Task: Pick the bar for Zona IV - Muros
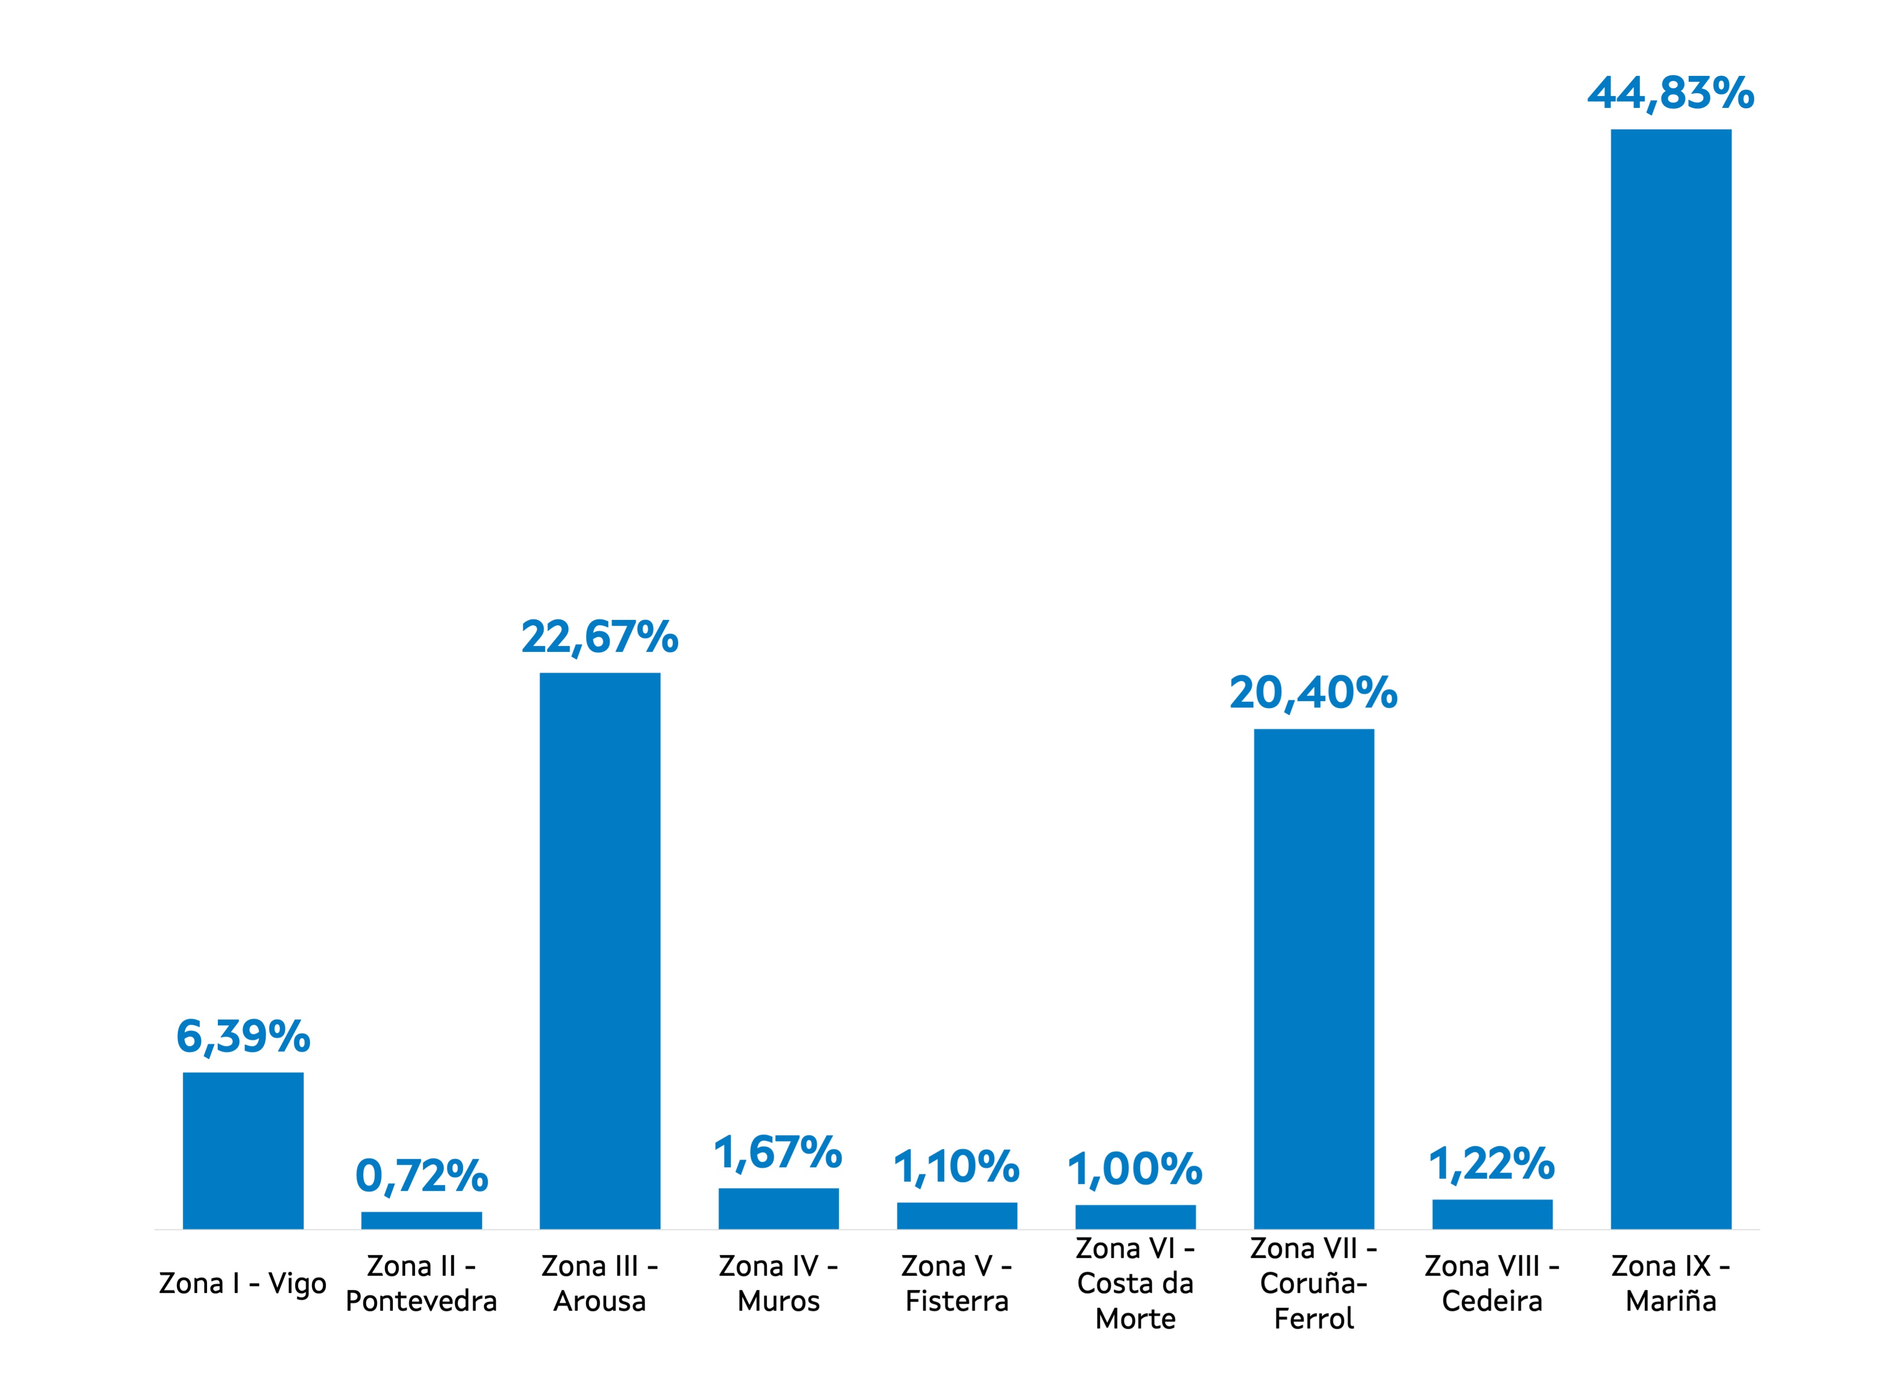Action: click(778, 1208)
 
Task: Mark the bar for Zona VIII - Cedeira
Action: click(1492, 1214)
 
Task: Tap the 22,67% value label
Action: click(599, 638)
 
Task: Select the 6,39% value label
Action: click(242, 1037)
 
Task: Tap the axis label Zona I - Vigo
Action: click(242, 1283)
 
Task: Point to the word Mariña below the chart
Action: click(1670, 1301)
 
